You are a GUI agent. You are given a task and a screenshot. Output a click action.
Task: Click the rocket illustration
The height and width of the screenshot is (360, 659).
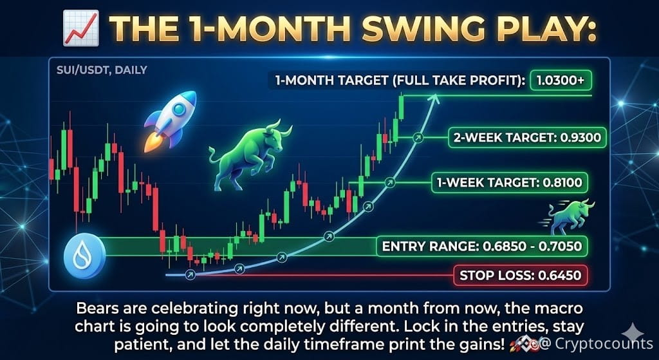pos(170,121)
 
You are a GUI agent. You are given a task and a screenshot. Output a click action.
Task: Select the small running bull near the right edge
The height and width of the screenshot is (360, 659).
pos(571,216)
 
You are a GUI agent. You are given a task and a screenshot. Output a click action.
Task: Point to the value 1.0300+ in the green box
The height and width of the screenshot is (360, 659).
pos(561,81)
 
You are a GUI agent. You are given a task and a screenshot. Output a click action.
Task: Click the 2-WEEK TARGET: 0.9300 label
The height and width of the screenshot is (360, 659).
pos(527,138)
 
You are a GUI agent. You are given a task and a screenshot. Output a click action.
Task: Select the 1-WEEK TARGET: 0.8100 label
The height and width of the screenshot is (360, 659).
pos(510,182)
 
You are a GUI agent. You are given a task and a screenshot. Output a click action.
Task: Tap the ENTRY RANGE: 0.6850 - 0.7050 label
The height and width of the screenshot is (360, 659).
pos(481,245)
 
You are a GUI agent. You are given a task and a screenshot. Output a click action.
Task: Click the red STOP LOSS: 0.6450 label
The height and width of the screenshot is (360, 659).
pos(520,276)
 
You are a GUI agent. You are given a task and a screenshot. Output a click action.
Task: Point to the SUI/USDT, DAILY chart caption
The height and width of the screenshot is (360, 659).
pos(102,70)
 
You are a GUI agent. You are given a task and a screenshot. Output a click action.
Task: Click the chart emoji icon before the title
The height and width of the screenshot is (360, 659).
pos(80,28)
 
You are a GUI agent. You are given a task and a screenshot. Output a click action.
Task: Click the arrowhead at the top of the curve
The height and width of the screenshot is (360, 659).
pos(435,99)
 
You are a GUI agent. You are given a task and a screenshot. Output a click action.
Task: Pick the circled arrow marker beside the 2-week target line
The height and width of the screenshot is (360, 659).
pos(417,137)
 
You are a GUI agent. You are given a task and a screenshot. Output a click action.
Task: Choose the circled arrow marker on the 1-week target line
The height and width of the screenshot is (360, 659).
pos(390,182)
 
